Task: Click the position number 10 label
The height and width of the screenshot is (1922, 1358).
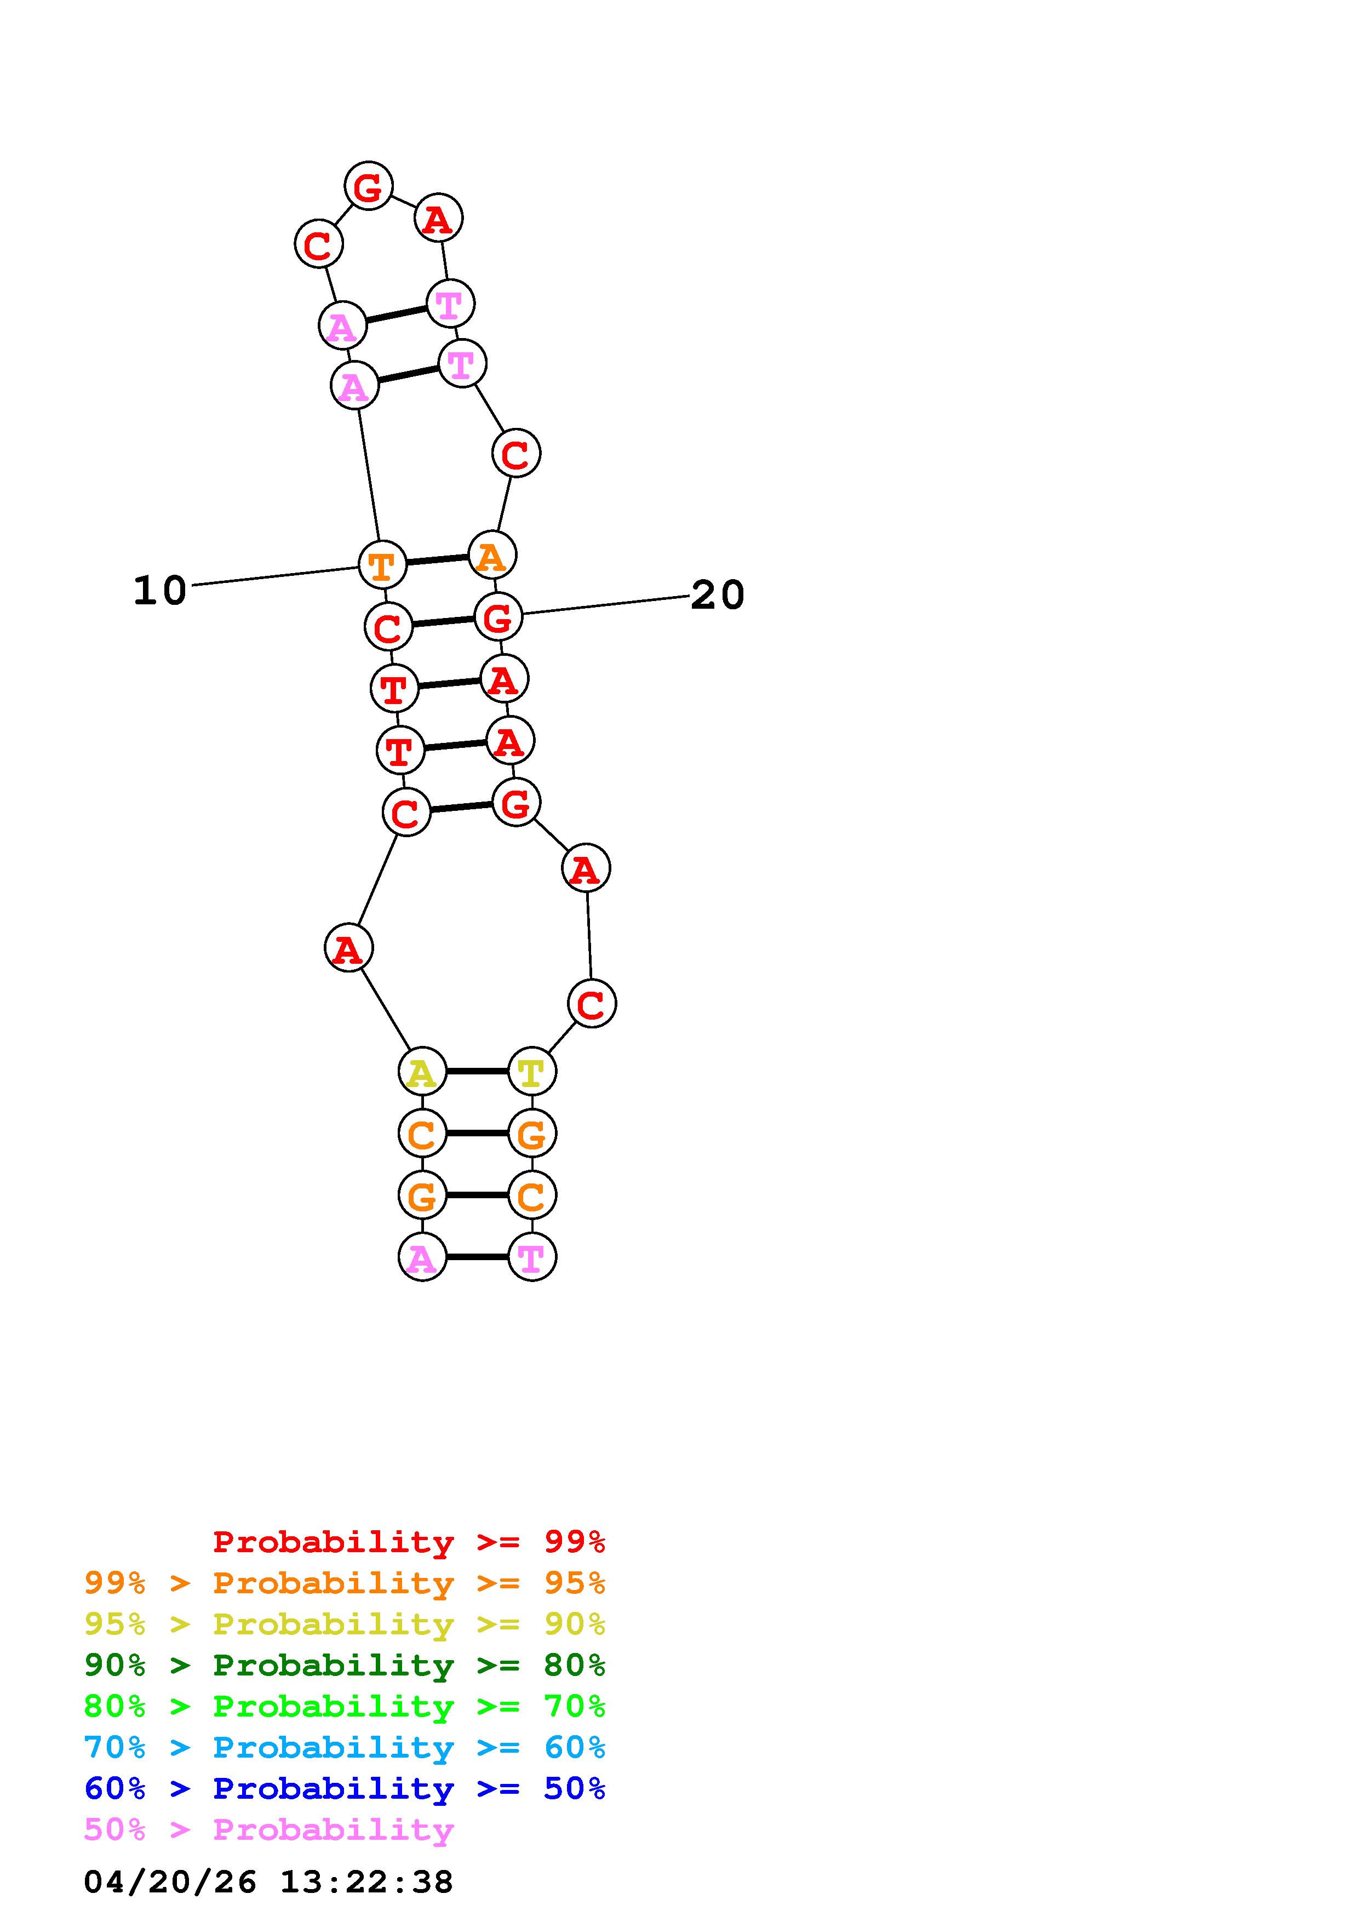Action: (x=160, y=590)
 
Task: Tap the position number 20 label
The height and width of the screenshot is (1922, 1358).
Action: (x=717, y=595)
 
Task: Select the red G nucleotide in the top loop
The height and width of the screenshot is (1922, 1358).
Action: (x=368, y=186)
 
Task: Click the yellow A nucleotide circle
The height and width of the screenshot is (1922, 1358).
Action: (x=422, y=1071)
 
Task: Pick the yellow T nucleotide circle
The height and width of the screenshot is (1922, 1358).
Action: (x=531, y=1071)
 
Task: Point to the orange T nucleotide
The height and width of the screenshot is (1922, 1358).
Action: (x=382, y=565)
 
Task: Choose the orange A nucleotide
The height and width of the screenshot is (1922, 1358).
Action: (x=492, y=555)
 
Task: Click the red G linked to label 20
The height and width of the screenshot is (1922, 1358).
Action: (x=498, y=617)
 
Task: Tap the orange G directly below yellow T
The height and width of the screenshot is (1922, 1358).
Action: (x=531, y=1134)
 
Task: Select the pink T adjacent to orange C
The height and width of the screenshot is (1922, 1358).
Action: (x=531, y=1257)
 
